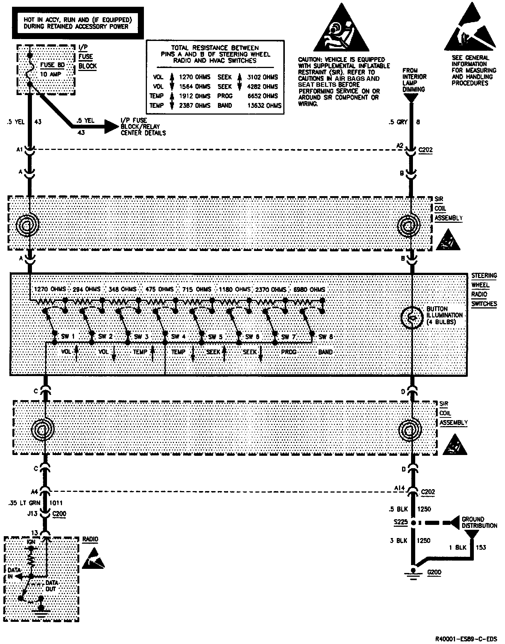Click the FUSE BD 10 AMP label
pos(52,70)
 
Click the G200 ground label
pos(434,573)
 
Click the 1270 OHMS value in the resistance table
pos(195,77)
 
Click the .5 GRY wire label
pos(398,122)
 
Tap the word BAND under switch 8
pos(325,352)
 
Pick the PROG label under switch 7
pos(289,352)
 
